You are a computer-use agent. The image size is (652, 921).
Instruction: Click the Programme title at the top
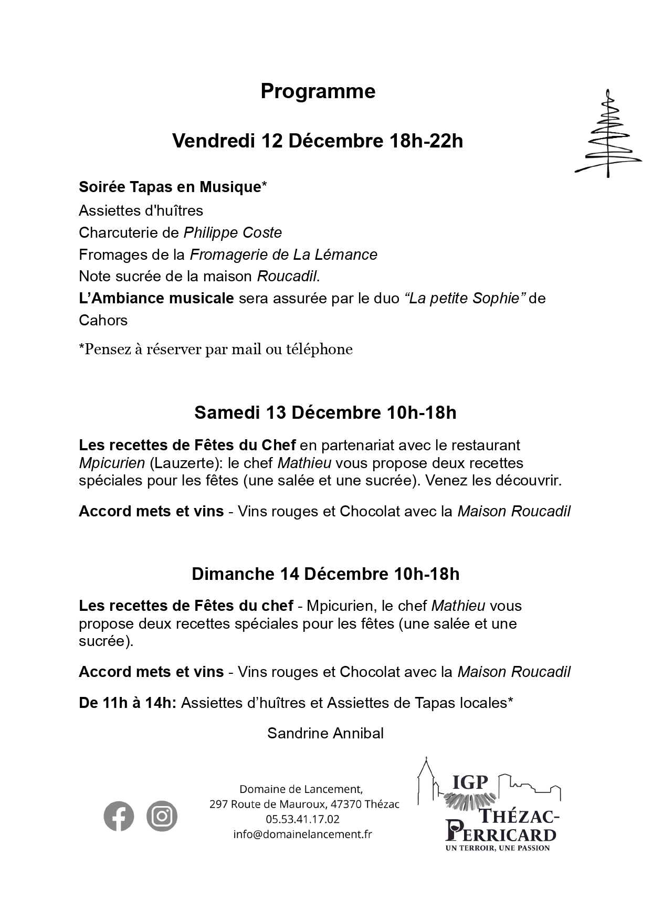pos(318,91)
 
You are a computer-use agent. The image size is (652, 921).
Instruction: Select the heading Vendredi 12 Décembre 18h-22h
pos(318,141)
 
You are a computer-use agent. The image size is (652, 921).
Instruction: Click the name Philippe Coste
pos(233,232)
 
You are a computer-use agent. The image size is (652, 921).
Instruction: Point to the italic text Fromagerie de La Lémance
pos(283,255)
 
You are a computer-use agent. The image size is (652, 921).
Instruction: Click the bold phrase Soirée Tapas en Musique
pos(170,187)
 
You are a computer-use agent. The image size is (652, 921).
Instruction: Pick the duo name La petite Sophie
pos(465,298)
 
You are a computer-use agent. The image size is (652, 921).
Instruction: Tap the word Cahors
pos(103,320)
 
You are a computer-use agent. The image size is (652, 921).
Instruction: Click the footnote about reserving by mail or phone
pos(215,349)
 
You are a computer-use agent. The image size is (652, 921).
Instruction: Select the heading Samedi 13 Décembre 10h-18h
pos(325,412)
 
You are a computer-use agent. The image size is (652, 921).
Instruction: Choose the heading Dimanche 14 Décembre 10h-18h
pos(325,574)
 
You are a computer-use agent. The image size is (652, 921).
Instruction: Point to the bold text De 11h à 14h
pos(128,703)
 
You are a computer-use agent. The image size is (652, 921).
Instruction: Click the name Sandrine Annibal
pos(325,733)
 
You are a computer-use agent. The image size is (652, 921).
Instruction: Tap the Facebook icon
pos(119,816)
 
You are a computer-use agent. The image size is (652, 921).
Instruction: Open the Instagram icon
pos(162,816)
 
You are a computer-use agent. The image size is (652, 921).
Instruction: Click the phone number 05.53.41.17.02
pos(302,819)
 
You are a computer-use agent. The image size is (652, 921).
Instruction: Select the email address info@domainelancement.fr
pos(302,834)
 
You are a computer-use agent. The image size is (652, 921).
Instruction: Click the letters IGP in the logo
pos(470,782)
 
